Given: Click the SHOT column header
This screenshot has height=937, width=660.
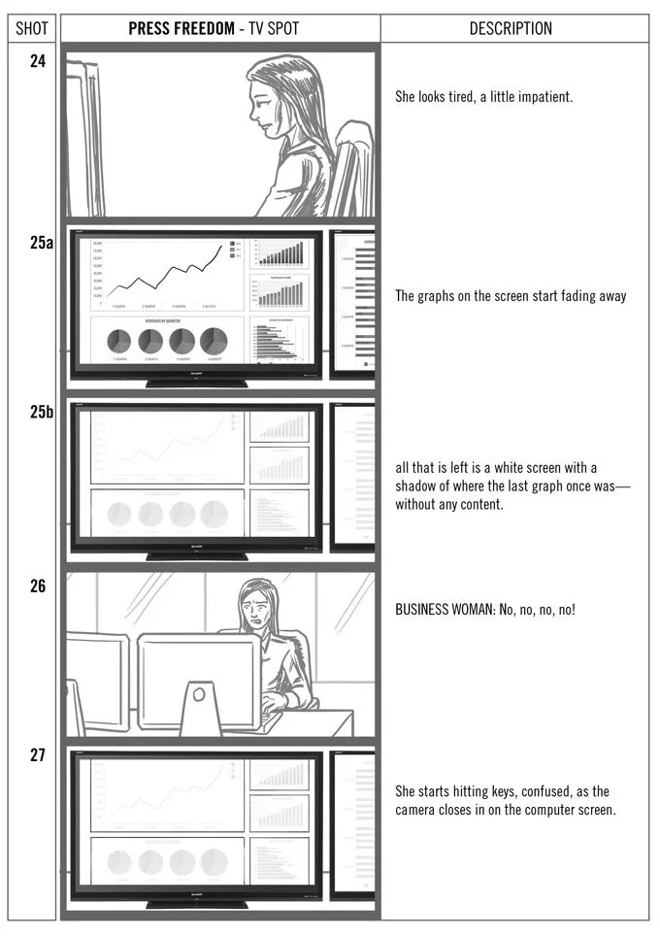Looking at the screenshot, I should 32,28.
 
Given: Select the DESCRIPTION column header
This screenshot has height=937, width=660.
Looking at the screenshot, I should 511,28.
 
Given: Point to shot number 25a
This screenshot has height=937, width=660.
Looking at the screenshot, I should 41,243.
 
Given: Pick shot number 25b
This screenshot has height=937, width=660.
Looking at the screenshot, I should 41,412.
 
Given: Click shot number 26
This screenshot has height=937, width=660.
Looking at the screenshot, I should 38,586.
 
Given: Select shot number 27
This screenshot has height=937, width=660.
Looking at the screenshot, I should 38,755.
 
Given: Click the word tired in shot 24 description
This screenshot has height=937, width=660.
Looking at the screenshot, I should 462,97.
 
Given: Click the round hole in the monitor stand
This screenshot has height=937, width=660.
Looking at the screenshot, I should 199,695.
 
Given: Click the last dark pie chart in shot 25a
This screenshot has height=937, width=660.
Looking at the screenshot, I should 214,341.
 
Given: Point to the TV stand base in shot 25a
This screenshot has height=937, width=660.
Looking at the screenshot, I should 196,383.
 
